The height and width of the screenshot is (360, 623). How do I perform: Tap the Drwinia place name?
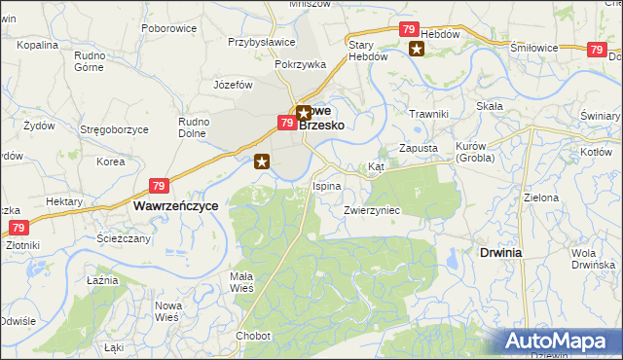(500, 252)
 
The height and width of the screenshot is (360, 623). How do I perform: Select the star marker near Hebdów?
(417, 50)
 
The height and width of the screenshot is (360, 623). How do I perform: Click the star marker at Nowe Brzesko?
(303, 113)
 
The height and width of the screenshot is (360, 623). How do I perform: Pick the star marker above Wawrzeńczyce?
(261, 162)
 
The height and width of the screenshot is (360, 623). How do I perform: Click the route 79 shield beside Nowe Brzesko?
(286, 124)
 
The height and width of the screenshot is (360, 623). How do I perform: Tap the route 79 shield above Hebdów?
(409, 30)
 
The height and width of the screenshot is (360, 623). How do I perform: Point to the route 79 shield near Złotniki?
(17, 228)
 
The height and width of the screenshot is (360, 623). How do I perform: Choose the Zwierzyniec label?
(372, 210)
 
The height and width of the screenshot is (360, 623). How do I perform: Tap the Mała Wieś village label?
(241, 282)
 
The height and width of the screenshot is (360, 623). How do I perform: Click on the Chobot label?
(252, 336)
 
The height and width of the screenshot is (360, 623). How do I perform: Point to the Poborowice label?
(168, 28)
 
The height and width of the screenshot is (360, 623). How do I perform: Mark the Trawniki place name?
(428, 115)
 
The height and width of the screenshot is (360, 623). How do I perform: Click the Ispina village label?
(326, 185)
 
